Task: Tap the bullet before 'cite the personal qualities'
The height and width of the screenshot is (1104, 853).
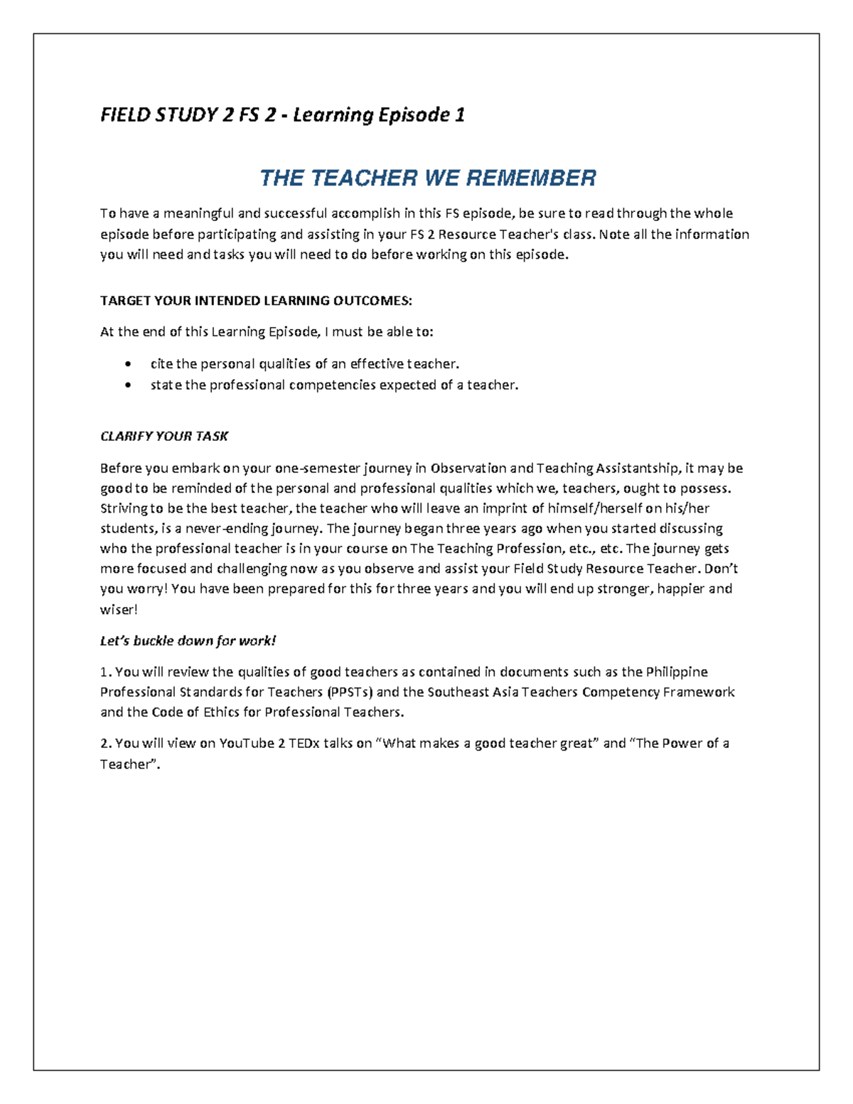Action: pos(127,365)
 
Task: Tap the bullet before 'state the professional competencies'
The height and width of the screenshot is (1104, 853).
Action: pos(127,385)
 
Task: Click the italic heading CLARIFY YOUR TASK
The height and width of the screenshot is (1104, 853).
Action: pos(163,436)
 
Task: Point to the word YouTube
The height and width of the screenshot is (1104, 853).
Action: pos(247,744)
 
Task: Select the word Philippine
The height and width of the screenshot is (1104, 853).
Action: pos(676,672)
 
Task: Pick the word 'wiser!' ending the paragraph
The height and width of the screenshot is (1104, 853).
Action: pos(119,609)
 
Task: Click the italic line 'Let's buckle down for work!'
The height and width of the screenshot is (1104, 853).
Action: pos(188,641)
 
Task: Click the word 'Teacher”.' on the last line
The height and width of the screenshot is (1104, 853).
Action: pos(130,764)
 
